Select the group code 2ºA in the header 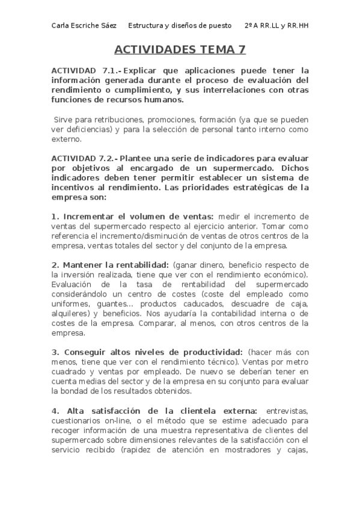[252, 25]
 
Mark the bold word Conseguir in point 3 [88, 352]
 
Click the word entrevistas [287, 411]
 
